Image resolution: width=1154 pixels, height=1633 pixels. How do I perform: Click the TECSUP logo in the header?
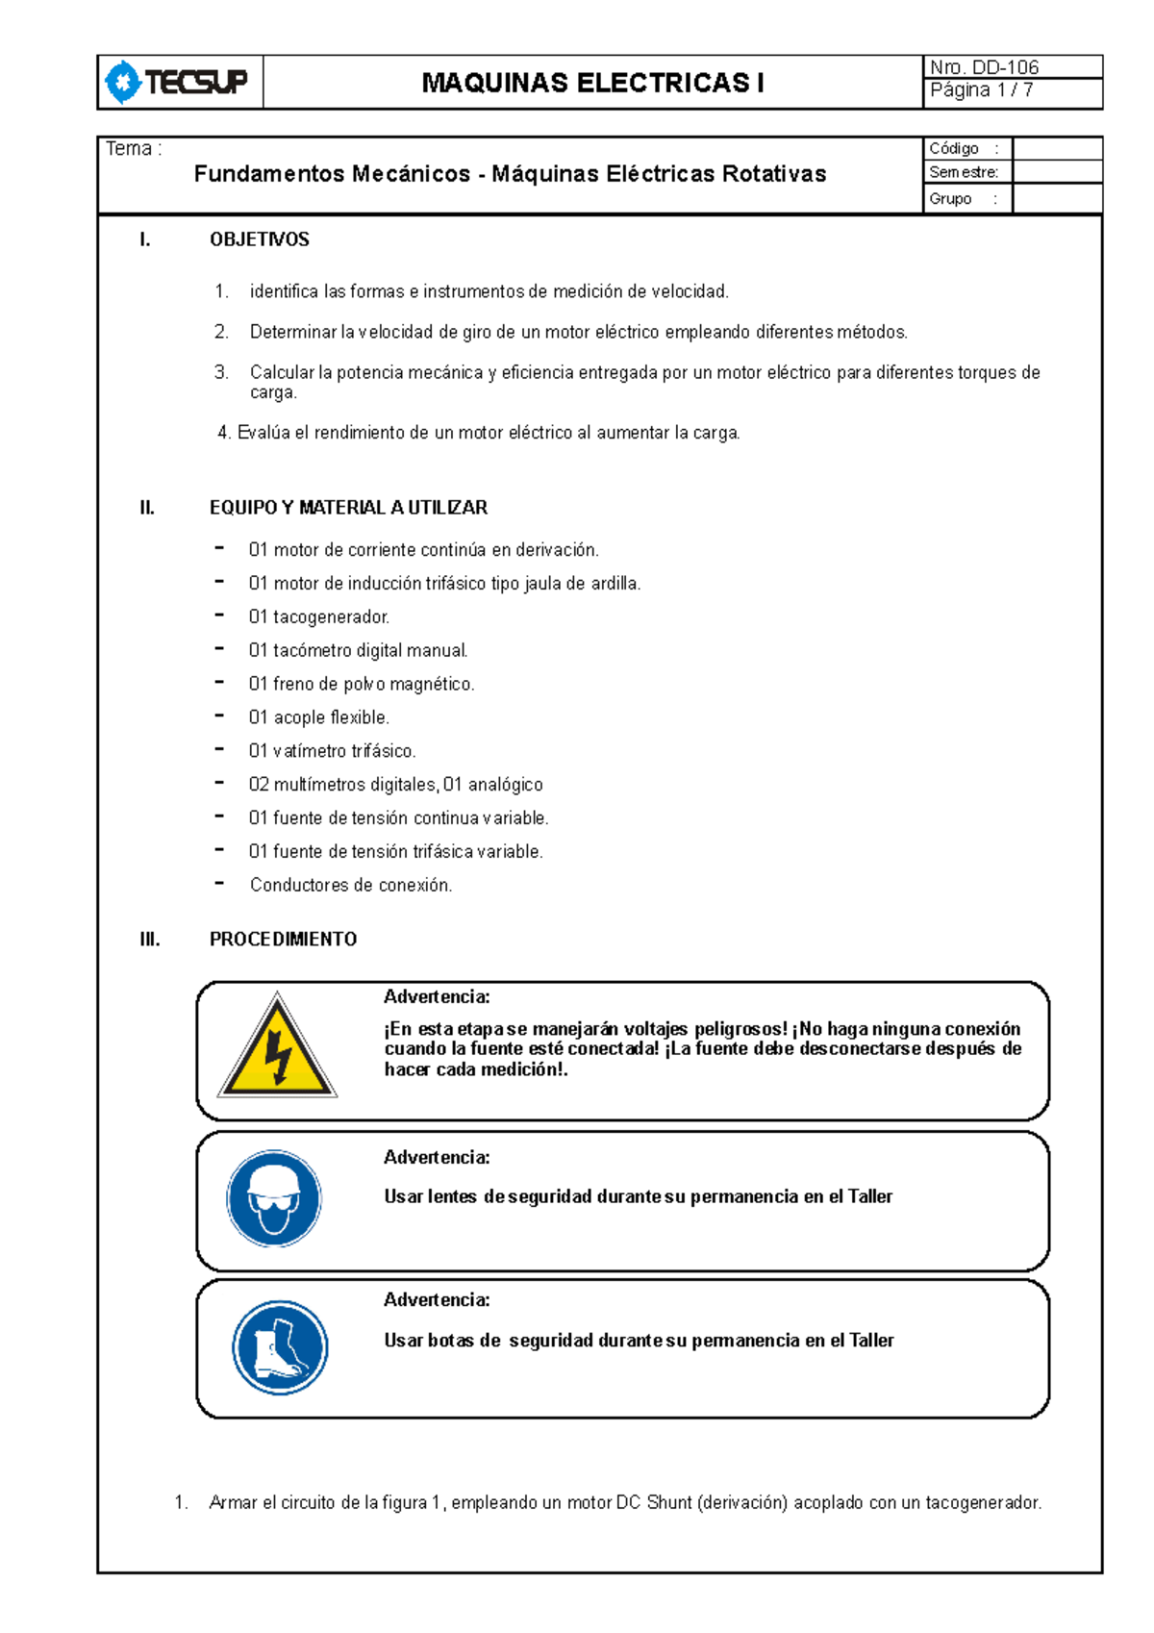(179, 83)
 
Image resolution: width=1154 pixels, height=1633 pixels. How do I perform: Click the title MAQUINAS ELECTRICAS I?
(592, 84)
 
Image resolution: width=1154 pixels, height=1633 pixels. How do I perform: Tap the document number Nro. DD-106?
(984, 67)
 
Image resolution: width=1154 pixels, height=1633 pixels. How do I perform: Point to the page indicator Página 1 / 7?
(981, 90)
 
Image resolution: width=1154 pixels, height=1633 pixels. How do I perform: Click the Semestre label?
(964, 172)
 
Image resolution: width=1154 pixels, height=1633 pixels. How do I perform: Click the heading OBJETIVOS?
(260, 239)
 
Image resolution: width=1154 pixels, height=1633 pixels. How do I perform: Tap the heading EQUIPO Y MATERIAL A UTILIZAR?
(348, 508)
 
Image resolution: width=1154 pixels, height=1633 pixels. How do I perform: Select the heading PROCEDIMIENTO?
(283, 940)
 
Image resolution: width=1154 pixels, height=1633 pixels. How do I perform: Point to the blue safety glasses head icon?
(274, 1199)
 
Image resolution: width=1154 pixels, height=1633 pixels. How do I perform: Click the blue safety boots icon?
(280, 1347)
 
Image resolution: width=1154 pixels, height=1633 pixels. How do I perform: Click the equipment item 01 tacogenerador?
(318, 617)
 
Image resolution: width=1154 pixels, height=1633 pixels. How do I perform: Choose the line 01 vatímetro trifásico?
(332, 751)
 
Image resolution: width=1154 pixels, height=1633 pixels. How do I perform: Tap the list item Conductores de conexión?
(350, 885)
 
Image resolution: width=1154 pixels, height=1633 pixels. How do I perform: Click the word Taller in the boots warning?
(871, 1341)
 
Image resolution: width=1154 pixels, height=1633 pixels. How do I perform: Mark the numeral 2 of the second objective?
(220, 332)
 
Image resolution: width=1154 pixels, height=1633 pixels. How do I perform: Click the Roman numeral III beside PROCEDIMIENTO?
(150, 940)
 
